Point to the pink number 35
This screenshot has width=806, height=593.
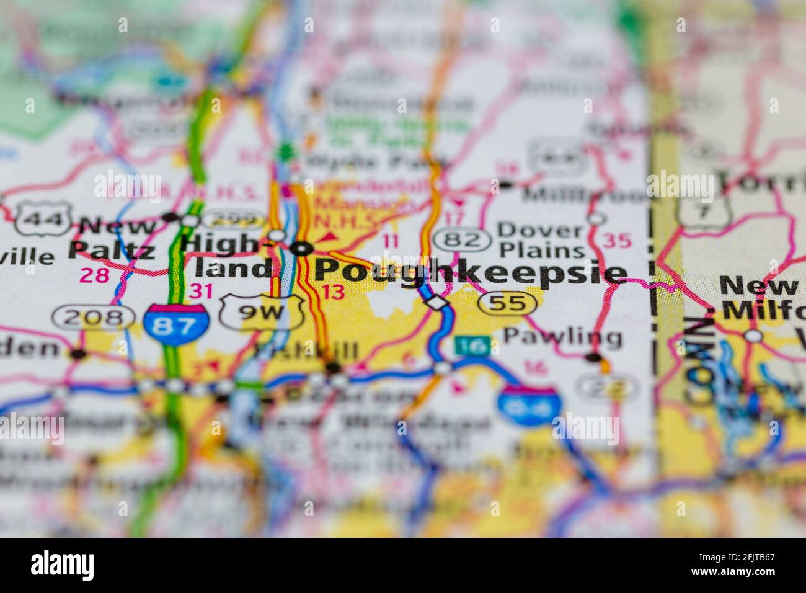click(x=617, y=240)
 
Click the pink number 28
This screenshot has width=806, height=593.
click(x=95, y=275)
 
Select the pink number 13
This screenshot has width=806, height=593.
click(x=334, y=292)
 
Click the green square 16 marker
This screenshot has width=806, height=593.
click(x=474, y=346)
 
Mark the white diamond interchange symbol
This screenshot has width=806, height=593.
click(x=437, y=302)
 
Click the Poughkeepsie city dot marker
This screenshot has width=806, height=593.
click(x=303, y=249)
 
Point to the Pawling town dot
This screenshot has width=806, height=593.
click(x=594, y=357)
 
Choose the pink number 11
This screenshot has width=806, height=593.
click(x=391, y=241)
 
